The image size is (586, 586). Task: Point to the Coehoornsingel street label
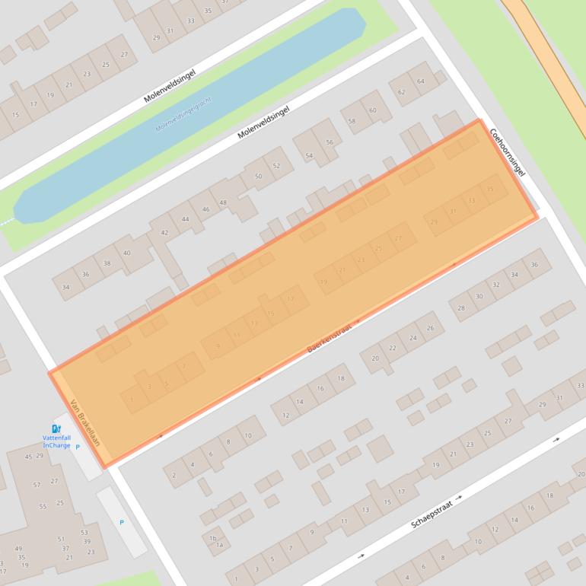[x=508, y=151]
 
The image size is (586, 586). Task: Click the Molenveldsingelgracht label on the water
[x=183, y=114]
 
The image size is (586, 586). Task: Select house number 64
[x=420, y=81]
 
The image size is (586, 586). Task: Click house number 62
[x=402, y=92]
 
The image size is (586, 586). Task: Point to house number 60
[x=373, y=110]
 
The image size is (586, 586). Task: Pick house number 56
[x=330, y=142]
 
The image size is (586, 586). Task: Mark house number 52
[x=276, y=166]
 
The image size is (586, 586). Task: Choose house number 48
[x=223, y=202]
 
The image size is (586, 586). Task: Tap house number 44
[x=185, y=219]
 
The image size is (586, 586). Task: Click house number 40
[x=126, y=253]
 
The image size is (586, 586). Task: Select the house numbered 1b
[x=214, y=537]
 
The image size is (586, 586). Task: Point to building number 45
[x=28, y=457]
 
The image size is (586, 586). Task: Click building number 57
[x=37, y=485]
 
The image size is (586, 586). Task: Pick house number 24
[x=413, y=338]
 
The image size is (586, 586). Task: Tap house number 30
[x=479, y=297]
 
